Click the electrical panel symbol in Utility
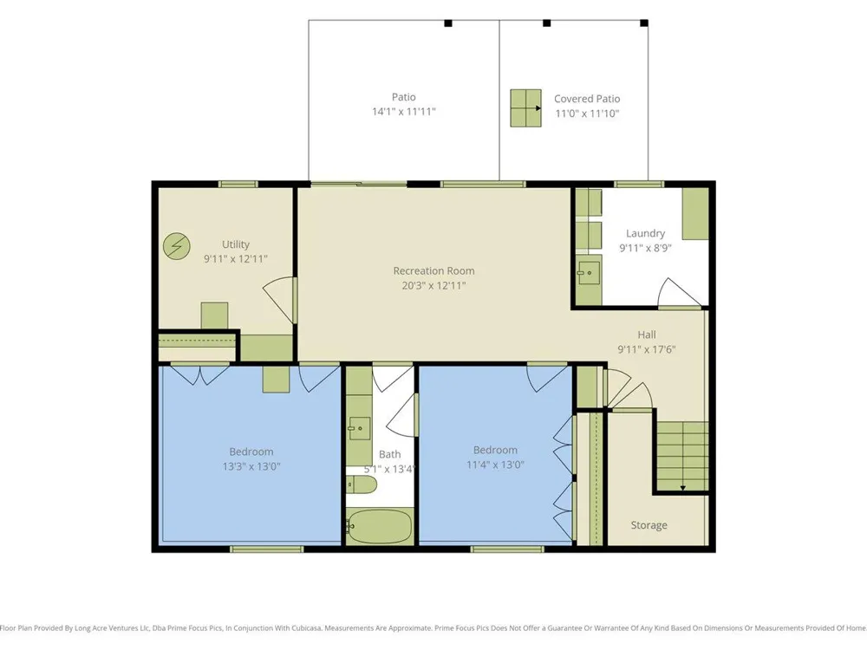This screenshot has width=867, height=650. click(x=177, y=246)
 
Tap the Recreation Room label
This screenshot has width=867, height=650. click(x=433, y=270)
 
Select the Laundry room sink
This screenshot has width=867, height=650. click(x=589, y=272)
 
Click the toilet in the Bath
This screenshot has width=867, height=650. click(x=362, y=484)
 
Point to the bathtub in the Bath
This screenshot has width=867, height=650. click(x=380, y=526)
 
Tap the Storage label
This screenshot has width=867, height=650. click(x=649, y=525)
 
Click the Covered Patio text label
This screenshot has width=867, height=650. click(x=587, y=99)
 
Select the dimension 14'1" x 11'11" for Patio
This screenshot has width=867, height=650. click(x=404, y=112)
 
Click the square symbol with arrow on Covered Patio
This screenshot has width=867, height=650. click(x=525, y=108)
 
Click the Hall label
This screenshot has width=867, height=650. click(x=647, y=335)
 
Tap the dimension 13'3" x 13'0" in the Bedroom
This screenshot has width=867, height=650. click(x=251, y=466)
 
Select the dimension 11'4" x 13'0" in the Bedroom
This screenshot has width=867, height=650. click(x=495, y=465)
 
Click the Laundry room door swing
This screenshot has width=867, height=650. click(x=680, y=292)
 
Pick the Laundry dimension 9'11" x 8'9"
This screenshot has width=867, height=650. click(x=645, y=248)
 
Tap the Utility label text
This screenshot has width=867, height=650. click(x=236, y=244)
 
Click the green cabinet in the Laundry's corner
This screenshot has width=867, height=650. click(x=695, y=214)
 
